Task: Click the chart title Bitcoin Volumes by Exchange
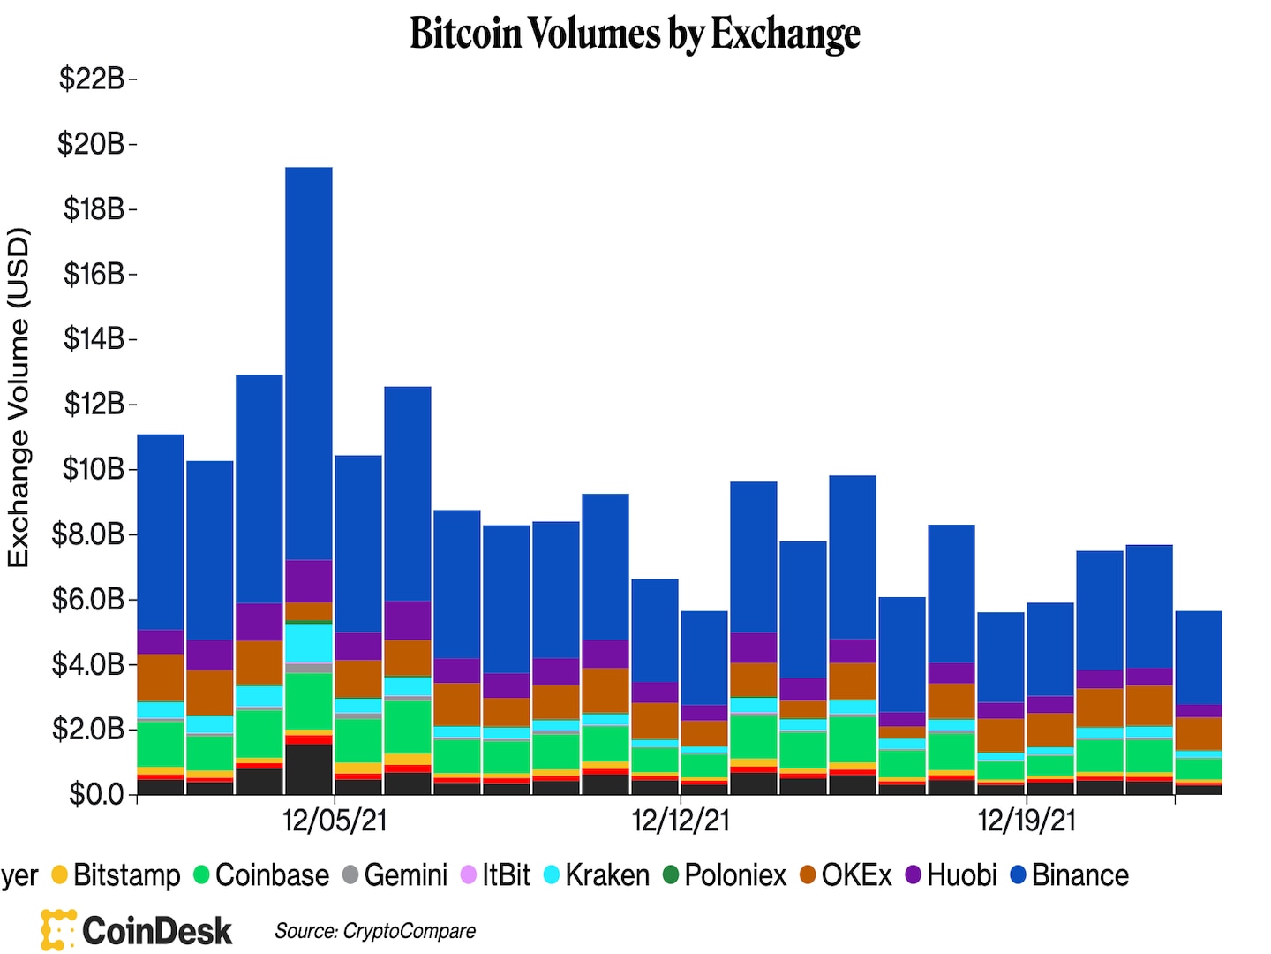click(635, 34)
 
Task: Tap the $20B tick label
click(91, 143)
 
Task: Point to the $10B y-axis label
click(93, 469)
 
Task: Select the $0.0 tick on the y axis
click(96, 794)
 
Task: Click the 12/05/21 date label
click(335, 821)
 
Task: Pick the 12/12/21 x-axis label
click(681, 821)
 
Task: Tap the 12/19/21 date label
click(1027, 821)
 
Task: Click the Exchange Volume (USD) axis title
click(19, 397)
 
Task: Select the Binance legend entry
click(1070, 875)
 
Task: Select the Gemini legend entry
click(395, 875)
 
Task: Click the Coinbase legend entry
click(261, 875)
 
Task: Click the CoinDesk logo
click(137, 930)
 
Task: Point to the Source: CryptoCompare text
click(375, 931)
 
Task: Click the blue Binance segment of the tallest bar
click(309, 362)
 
